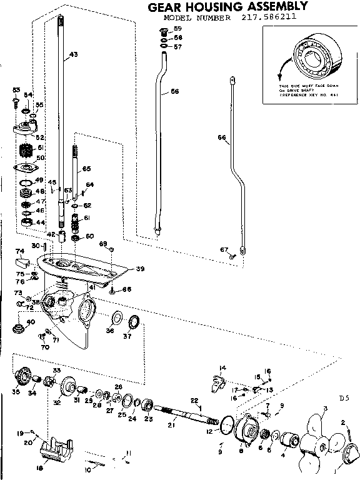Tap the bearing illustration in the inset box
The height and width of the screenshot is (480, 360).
click(x=312, y=57)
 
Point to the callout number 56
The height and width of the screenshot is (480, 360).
click(x=174, y=91)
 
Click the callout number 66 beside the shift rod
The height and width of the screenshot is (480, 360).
click(x=221, y=137)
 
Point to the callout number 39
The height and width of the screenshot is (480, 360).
click(x=140, y=269)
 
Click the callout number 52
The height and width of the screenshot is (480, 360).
click(x=39, y=137)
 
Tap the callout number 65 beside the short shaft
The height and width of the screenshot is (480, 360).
click(x=86, y=169)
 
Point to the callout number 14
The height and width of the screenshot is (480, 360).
click(x=222, y=367)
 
